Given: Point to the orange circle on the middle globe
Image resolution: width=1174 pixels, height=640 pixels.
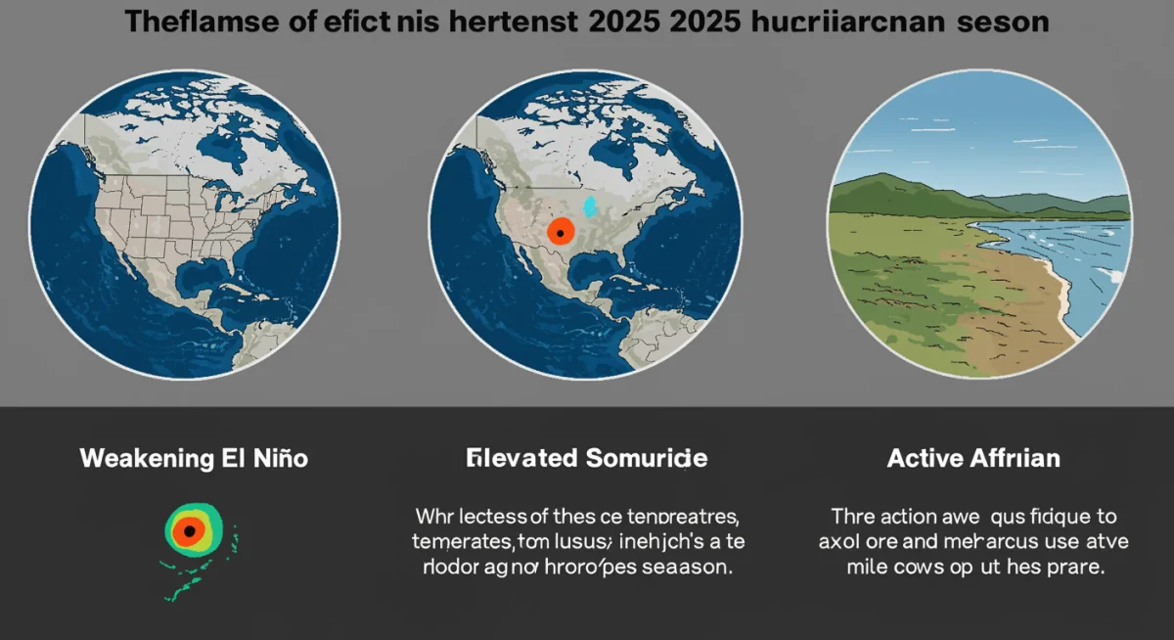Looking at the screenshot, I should tap(561, 232).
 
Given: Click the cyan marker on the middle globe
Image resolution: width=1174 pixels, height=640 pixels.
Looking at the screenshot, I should tap(589, 206).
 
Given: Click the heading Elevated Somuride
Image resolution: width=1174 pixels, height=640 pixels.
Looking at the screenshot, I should tap(587, 458).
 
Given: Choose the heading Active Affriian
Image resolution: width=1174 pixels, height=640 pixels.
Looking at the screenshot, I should tap(973, 458).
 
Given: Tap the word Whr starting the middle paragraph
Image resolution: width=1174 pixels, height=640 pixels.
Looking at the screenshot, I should tap(435, 515).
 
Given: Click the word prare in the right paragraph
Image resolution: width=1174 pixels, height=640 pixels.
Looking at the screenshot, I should tap(1076, 568).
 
